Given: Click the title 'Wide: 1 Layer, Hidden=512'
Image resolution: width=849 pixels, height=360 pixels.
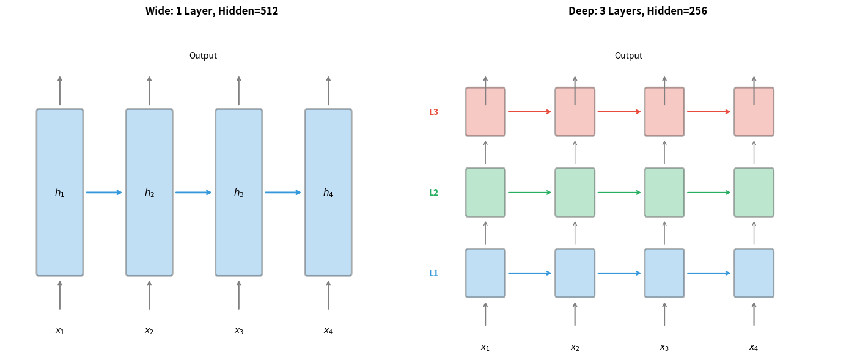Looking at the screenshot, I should pyautogui.click(x=211, y=11).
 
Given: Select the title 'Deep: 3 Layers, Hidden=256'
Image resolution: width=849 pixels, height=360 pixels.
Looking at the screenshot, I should pyautogui.click(x=638, y=11).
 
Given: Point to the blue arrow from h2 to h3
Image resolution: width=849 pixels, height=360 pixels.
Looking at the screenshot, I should pyautogui.click(x=194, y=193).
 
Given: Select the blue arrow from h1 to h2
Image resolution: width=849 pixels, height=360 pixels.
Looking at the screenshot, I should pyautogui.click(x=104, y=193).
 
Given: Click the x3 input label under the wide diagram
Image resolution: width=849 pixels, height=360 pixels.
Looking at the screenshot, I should pyautogui.click(x=239, y=331).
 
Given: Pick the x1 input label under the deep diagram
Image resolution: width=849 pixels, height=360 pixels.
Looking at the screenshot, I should pyautogui.click(x=485, y=348).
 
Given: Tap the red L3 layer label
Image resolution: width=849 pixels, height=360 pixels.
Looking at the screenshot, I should pyautogui.click(x=433, y=112).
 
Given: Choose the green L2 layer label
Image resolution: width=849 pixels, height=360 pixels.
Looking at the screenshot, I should pyautogui.click(x=433, y=193).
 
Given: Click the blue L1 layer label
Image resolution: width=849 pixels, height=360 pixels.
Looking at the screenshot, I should pyautogui.click(x=433, y=274).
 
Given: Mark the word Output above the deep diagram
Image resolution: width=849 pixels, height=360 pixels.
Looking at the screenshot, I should pyautogui.click(x=628, y=56).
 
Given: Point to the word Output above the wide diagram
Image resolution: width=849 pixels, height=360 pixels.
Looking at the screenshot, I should pyautogui.click(x=203, y=56).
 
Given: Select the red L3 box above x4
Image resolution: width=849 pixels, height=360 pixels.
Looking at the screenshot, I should pyautogui.click(x=754, y=119).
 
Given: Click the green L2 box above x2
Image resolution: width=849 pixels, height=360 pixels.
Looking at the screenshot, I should pyautogui.click(x=575, y=193).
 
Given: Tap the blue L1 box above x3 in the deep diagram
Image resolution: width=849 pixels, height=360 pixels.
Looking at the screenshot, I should pyautogui.click(x=664, y=273).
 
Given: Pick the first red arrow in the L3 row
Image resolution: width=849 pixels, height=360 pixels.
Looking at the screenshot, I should pyautogui.click(x=530, y=112).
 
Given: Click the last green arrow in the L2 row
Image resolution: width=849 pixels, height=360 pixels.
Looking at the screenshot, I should pyautogui.click(x=709, y=193).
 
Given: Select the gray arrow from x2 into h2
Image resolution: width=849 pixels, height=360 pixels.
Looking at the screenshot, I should pyautogui.click(x=149, y=295).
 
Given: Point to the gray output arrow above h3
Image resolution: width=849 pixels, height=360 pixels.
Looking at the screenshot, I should pyautogui.click(x=239, y=90).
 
